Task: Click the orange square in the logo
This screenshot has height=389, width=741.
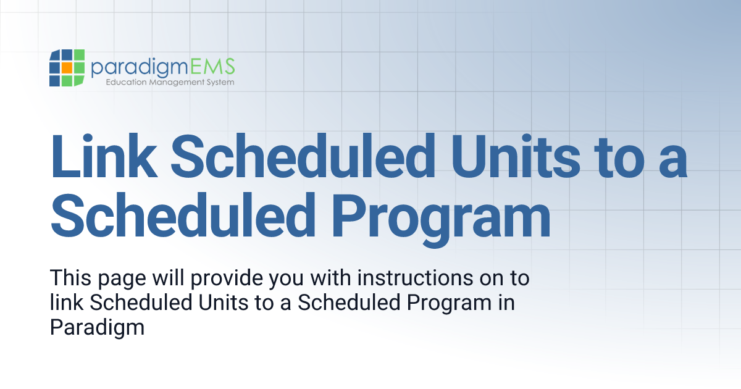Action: pyautogui.click(x=67, y=66)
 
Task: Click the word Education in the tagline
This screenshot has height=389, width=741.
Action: pyautogui.click(x=125, y=82)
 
